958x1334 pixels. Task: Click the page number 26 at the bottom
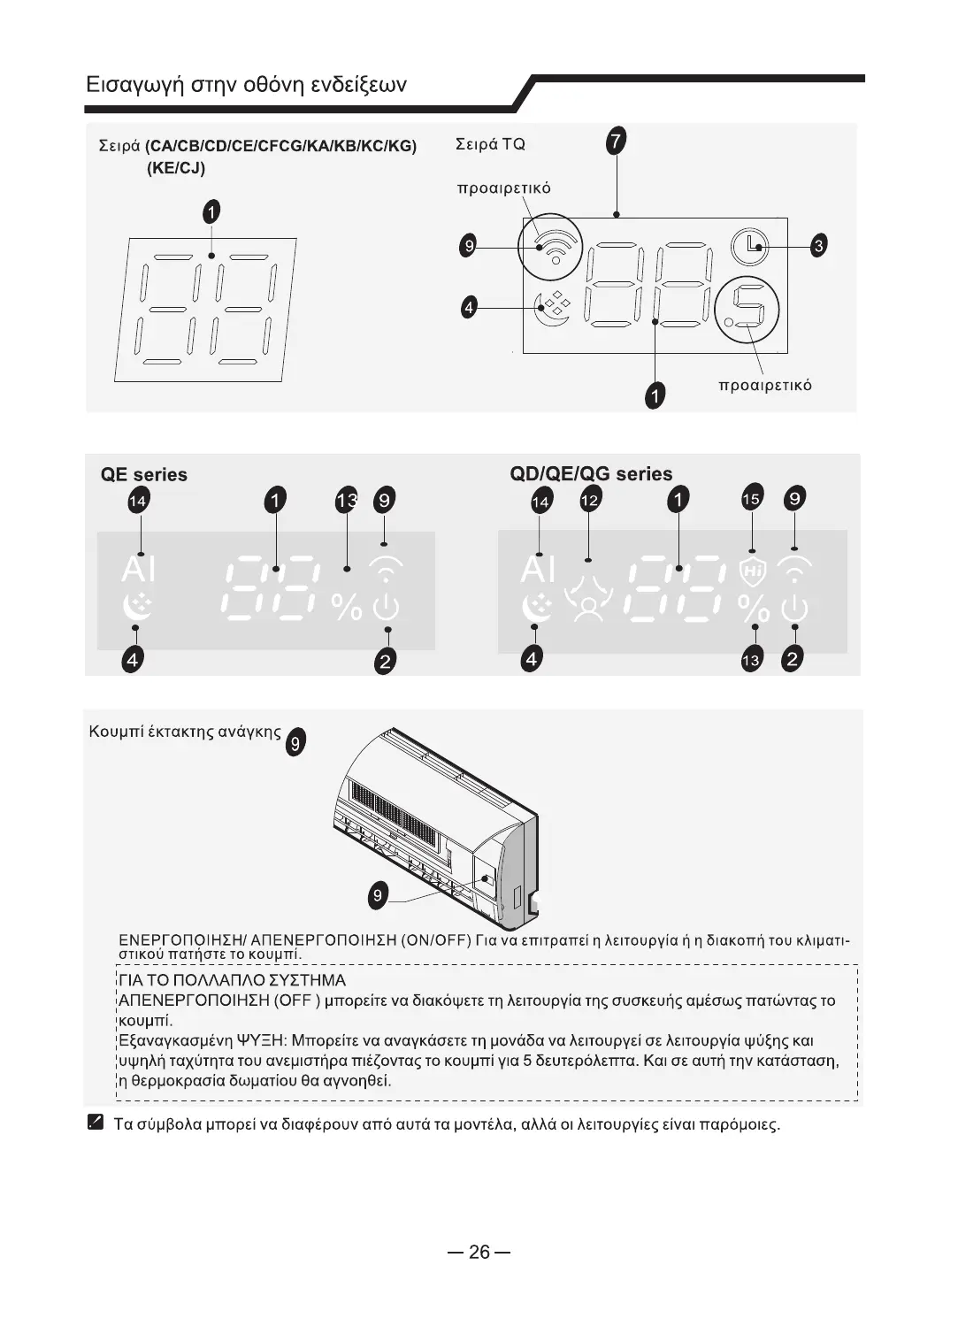tap(479, 1252)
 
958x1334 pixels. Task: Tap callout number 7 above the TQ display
tap(616, 141)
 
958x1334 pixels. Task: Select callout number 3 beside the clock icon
tap(818, 246)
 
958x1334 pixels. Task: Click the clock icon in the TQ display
tap(750, 246)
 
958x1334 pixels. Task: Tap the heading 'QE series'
tap(144, 475)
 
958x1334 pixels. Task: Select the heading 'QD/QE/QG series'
tap(591, 474)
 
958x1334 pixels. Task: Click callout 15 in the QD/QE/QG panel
tap(751, 500)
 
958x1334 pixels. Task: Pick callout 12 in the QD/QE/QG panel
tap(589, 501)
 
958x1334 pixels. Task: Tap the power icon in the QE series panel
tap(387, 608)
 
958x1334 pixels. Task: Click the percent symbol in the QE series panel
tap(346, 607)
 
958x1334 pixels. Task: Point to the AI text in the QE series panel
tap(138, 569)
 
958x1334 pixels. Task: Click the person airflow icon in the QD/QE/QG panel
tap(588, 601)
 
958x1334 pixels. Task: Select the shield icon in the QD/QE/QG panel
tap(752, 571)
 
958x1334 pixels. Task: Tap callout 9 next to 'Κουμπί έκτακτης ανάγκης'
tap(296, 743)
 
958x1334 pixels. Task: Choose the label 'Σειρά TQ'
tap(490, 144)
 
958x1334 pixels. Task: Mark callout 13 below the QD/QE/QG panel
tap(751, 660)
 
